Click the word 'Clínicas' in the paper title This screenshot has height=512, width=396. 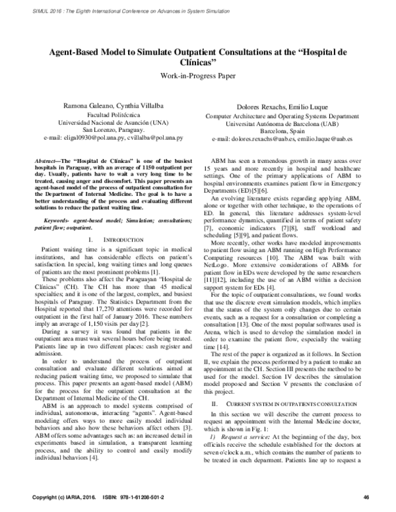click(x=198, y=63)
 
